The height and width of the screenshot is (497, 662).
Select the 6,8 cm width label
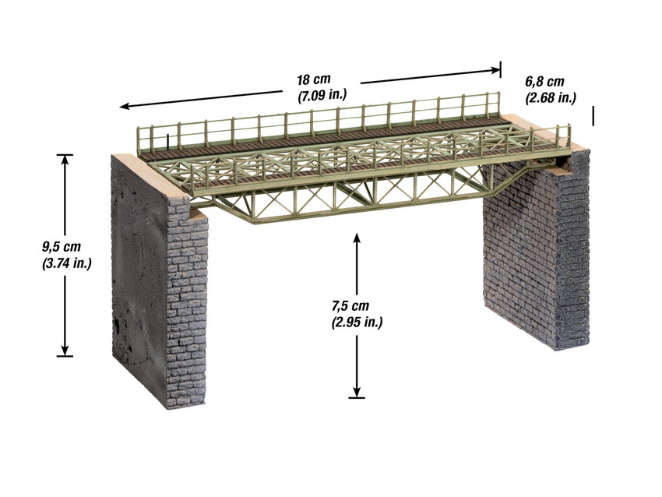point(544,83)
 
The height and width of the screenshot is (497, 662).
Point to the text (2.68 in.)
point(550,97)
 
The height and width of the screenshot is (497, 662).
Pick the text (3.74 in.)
point(66,263)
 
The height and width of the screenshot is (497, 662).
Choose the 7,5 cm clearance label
point(350,306)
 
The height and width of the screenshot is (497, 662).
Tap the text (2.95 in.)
point(356,321)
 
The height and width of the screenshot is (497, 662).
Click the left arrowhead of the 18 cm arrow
point(122,106)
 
